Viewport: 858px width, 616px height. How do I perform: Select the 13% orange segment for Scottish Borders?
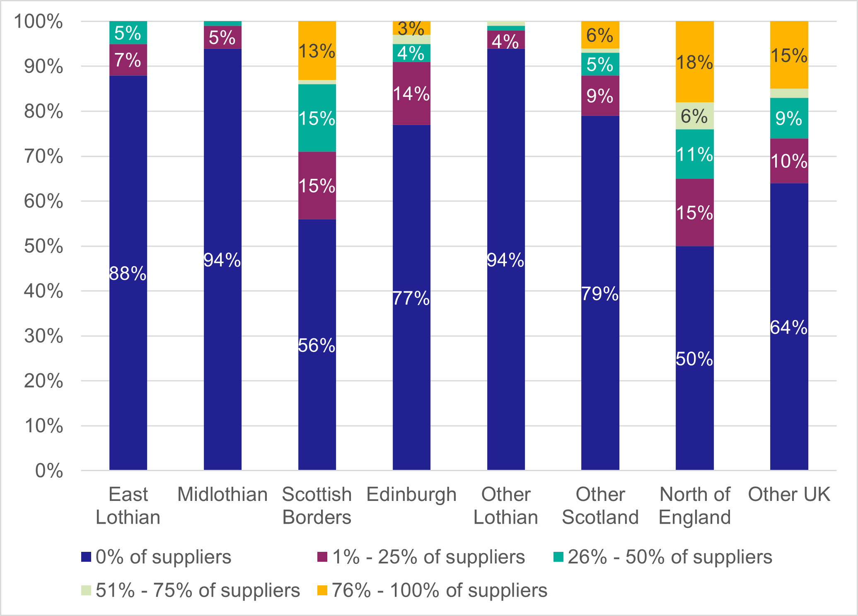tap(317, 51)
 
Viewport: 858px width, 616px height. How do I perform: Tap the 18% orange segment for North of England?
tap(694, 62)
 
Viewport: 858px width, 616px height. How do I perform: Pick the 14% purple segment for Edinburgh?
tap(411, 94)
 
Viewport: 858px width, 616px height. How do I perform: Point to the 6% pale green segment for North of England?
tap(694, 116)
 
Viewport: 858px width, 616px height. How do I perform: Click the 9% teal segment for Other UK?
tap(789, 118)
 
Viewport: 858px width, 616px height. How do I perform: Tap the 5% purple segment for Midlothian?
tap(222, 37)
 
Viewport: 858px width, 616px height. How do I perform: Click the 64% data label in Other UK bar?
tap(789, 327)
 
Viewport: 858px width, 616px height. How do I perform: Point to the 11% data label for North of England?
tap(694, 154)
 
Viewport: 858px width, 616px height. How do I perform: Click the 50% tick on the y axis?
tap(44, 246)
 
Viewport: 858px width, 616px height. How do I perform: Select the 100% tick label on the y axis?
tap(39, 22)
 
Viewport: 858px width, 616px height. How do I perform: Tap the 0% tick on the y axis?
tap(49, 471)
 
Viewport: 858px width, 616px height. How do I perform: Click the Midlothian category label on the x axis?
tap(222, 494)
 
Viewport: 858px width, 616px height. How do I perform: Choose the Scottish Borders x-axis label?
tap(317, 505)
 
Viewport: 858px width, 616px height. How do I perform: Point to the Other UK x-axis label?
tap(789, 494)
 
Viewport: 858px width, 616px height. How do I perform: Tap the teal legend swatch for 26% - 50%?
tap(558, 557)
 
